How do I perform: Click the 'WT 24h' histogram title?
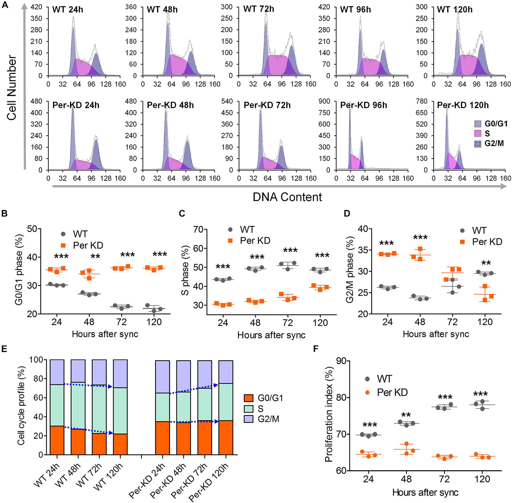(68, 10)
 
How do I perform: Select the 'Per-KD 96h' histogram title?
(363, 105)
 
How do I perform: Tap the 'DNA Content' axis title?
(287, 197)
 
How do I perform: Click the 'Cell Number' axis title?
(12, 88)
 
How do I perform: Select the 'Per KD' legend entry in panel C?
(255, 241)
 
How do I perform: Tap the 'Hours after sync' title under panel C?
(271, 335)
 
